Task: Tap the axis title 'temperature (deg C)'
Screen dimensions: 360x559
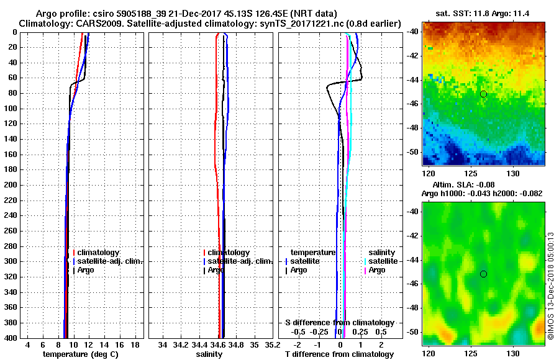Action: point(80,354)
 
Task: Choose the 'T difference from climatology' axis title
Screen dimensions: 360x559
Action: point(339,354)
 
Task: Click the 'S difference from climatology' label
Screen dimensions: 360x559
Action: point(339,323)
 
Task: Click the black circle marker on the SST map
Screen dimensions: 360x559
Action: point(483,94)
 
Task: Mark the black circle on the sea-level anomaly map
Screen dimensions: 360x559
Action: point(483,274)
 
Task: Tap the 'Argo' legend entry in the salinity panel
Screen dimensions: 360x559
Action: point(216,270)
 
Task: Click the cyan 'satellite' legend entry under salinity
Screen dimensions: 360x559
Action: point(383,261)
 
